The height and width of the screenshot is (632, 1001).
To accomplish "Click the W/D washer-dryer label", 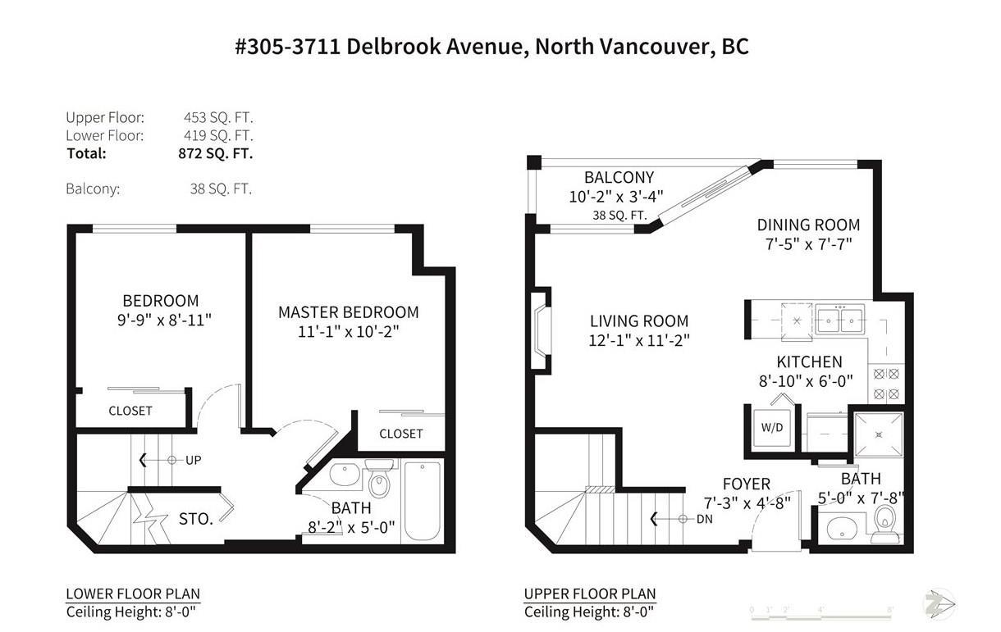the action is coord(772,428).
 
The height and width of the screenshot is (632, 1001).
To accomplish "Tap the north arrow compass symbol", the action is coord(939,604).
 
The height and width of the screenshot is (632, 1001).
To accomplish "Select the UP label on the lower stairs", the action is coord(193,460).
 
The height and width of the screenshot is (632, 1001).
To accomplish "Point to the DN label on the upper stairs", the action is coord(704,519).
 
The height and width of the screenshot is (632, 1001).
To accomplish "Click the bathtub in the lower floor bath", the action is coord(423,502).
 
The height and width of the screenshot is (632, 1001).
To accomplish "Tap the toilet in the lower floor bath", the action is coord(379,480).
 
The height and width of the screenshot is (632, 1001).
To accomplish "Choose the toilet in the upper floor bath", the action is coord(885,524).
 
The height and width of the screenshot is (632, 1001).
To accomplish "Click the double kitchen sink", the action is coord(839,320).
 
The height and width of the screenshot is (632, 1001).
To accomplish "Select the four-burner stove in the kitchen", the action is coord(886,384).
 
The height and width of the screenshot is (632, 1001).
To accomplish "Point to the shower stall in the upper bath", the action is coord(879,434).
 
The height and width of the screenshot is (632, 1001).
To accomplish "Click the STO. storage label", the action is coord(196,519).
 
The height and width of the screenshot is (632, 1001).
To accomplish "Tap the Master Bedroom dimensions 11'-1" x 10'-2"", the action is coord(348,332).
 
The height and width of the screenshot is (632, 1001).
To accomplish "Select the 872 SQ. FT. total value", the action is coord(216,153).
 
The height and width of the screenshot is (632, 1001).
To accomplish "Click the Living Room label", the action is coord(639,321).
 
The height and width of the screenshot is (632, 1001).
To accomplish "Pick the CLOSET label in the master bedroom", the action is coord(401,434).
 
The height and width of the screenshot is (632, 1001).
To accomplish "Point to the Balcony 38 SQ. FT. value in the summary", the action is coord(221,189).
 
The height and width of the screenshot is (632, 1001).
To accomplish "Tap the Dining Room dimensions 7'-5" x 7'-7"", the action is coord(808,244).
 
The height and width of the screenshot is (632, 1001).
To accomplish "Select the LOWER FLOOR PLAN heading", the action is coord(133,593).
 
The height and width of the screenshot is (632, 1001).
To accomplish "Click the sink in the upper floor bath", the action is coord(842,529).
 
